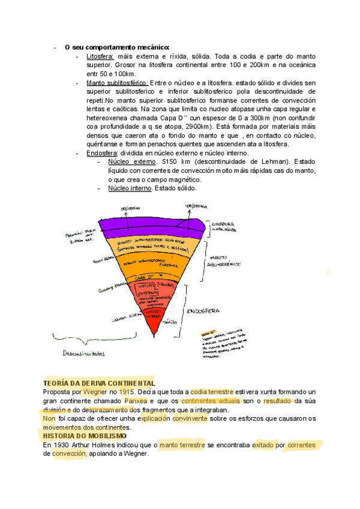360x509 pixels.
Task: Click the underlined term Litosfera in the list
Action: tap(100, 56)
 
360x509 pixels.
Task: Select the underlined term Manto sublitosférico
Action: tap(117, 82)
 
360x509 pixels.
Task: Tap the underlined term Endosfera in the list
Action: tap(103, 153)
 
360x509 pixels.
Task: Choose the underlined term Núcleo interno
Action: tap(130, 188)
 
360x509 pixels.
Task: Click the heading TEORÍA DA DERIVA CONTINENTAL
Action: tap(99, 383)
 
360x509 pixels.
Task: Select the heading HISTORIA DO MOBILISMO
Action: tap(85, 436)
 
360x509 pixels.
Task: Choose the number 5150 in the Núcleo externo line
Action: tap(166, 162)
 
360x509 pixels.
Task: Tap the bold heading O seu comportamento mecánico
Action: tap(117, 47)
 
